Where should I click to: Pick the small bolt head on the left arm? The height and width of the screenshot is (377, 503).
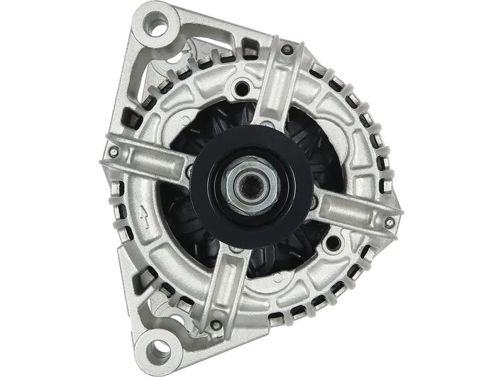pos(114,151)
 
